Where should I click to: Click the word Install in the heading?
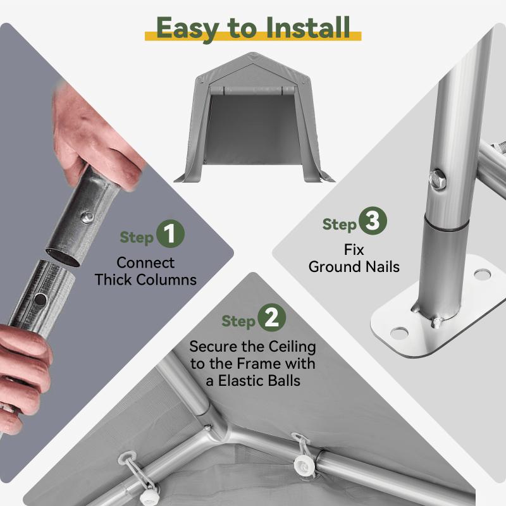(x=308, y=28)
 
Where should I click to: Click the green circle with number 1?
(x=170, y=233)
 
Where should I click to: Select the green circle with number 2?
(x=272, y=318)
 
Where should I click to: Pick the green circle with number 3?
(x=373, y=221)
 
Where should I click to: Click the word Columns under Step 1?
(x=166, y=280)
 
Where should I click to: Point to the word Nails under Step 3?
(x=383, y=267)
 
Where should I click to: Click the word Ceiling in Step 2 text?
(x=292, y=347)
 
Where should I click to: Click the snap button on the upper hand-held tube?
(x=87, y=216)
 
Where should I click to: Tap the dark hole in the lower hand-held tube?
(x=40, y=299)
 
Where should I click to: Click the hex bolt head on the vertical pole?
(x=438, y=180)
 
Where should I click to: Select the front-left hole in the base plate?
(x=399, y=333)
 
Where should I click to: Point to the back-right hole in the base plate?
(x=483, y=275)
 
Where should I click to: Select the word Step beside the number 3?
(x=340, y=225)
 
